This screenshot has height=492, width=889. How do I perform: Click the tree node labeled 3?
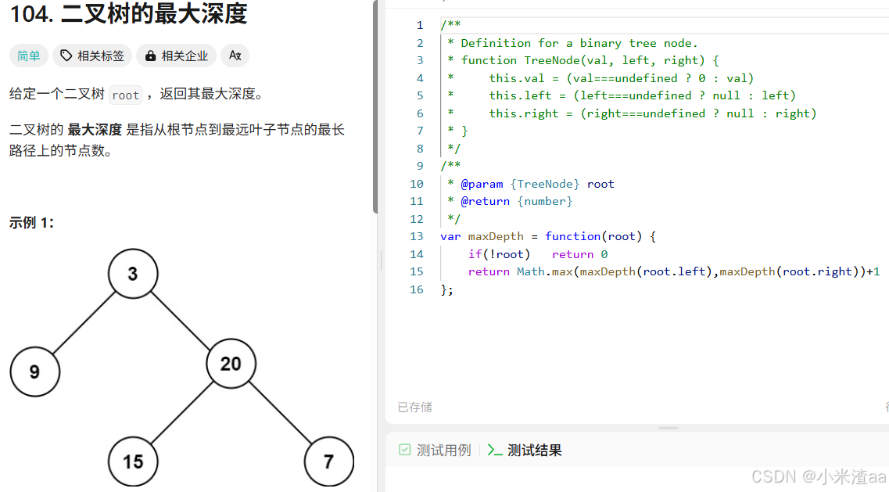point(133,274)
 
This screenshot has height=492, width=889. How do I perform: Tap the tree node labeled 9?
point(35,372)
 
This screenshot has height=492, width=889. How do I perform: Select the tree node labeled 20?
point(231,364)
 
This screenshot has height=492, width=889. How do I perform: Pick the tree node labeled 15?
point(133,461)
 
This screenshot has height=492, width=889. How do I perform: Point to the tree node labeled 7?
point(328,461)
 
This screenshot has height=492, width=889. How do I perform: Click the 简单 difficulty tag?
point(29,56)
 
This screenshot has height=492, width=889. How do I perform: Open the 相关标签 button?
point(92,56)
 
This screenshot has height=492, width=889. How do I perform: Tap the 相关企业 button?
point(177,56)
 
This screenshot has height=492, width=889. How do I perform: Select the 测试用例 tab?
point(436,450)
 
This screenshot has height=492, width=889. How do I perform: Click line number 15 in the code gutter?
point(416,271)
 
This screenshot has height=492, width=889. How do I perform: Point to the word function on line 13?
point(573,236)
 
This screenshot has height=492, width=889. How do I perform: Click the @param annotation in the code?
point(482,184)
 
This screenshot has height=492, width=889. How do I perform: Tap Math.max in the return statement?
point(544,271)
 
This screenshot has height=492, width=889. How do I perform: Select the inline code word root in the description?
point(125,95)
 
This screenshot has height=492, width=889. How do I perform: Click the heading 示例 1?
point(31,223)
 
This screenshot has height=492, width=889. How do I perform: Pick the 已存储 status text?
point(414,407)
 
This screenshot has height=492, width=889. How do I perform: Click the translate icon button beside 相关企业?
point(235,56)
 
